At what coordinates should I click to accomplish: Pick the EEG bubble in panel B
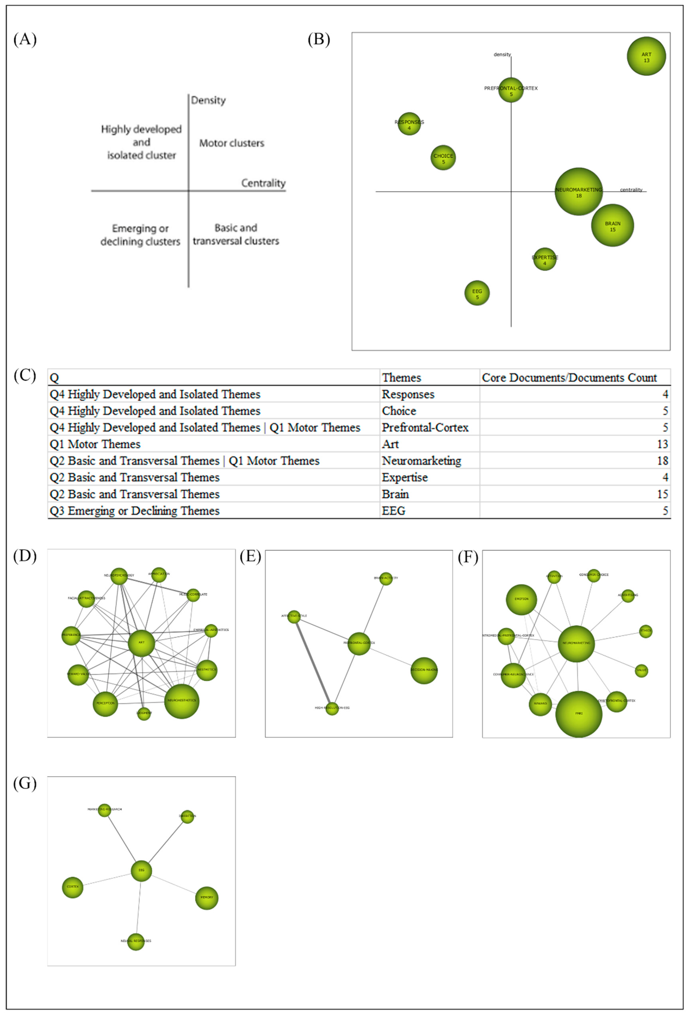coord(477,293)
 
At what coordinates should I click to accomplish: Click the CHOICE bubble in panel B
coord(443,158)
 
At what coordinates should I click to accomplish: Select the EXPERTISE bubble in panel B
coord(545,259)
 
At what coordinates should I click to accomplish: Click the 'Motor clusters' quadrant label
coord(232,143)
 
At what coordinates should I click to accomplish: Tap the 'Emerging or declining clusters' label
coord(140,235)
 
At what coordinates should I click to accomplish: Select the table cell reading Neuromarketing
coord(421,461)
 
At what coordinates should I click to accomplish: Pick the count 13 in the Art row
coord(662,444)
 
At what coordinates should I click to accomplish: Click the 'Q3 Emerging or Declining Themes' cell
coord(135,511)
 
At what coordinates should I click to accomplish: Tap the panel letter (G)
coord(25,783)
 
